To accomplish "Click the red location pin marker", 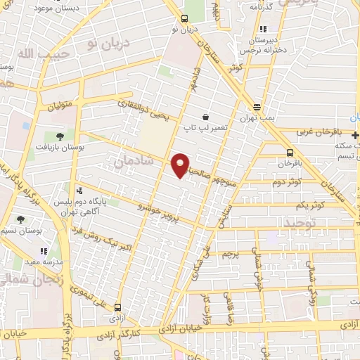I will [x=181, y=165].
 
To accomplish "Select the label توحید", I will [x=303, y=223].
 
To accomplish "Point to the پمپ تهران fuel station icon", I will [x=257, y=108].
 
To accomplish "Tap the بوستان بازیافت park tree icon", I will [x=58, y=136].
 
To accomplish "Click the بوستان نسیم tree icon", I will [x=20, y=220].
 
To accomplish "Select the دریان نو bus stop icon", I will [x=184, y=19].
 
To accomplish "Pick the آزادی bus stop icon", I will [x=117, y=307].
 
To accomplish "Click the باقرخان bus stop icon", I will [x=290, y=153].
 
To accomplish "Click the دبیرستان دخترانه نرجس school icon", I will [x=262, y=30].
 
